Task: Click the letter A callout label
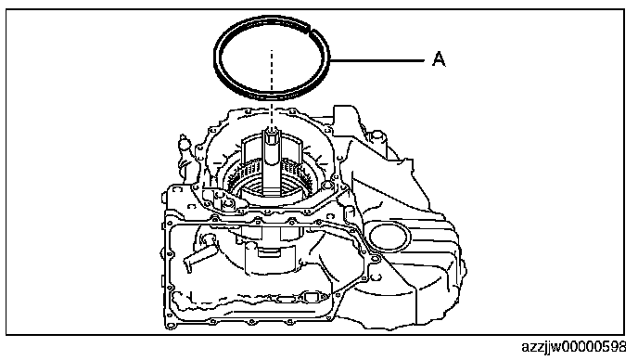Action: [x=439, y=59]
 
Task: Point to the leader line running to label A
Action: [x=377, y=60]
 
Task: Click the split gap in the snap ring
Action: [x=311, y=30]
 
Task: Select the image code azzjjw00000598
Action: [x=574, y=347]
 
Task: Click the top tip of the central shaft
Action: [x=271, y=130]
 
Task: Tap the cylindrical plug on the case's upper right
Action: [x=376, y=138]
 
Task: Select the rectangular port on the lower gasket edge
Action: [x=311, y=297]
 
